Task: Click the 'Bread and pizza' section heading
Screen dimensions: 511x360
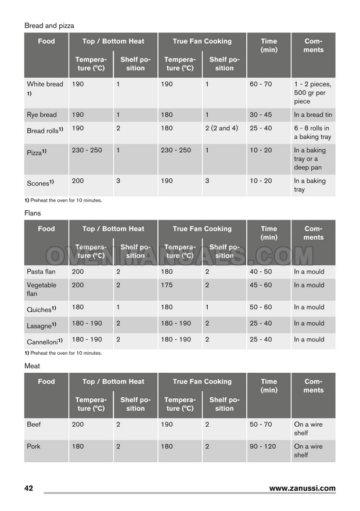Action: click(x=49, y=26)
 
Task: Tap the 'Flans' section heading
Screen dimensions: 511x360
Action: click(x=33, y=213)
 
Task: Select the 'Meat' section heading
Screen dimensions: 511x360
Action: click(x=32, y=366)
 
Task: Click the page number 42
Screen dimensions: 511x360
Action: click(x=28, y=488)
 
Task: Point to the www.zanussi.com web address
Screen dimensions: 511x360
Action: click(x=302, y=488)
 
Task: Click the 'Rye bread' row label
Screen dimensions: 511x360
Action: click(x=42, y=115)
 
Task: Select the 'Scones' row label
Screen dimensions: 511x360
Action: click(x=40, y=182)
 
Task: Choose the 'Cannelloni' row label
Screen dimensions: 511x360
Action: click(x=44, y=341)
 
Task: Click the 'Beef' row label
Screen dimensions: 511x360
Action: click(x=34, y=424)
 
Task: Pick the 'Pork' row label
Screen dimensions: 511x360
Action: click(x=34, y=447)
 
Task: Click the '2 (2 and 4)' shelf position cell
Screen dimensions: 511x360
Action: click(x=221, y=128)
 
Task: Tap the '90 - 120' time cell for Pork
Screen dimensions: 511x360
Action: click(x=263, y=447)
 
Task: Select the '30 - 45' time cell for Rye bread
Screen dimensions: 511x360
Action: click(x=261, y=115)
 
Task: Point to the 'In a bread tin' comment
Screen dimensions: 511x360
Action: click(x=313, y=115)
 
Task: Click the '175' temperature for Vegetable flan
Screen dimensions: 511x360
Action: click(x=167, y=285)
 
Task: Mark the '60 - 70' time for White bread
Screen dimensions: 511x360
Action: click(x=261, y=84)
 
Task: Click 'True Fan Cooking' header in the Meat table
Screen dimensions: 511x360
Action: click(x=202, y=382)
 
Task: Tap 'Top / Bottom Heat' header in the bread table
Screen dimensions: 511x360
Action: click(x=113, y=41)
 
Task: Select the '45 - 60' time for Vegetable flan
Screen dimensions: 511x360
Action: click(x=261, y=285)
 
